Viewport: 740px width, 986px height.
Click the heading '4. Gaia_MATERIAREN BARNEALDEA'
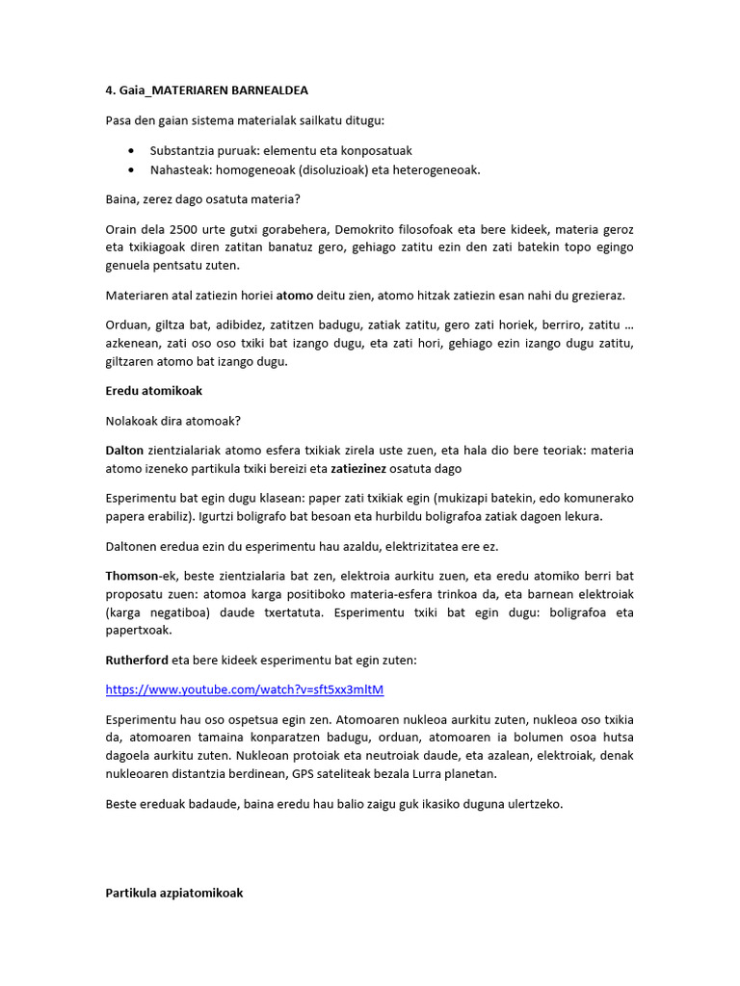206,91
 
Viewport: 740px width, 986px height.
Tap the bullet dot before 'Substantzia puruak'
130,151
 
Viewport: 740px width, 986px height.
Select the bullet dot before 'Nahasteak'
130,169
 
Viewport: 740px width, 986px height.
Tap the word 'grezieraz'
602,296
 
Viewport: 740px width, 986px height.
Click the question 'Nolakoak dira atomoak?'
172,420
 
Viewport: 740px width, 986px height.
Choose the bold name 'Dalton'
124,450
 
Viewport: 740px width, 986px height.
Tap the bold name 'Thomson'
132,575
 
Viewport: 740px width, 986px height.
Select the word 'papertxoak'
138,631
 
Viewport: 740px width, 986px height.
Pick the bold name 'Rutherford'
137,661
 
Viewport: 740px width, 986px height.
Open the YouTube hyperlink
237,690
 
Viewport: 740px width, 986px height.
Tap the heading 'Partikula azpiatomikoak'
173,893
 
